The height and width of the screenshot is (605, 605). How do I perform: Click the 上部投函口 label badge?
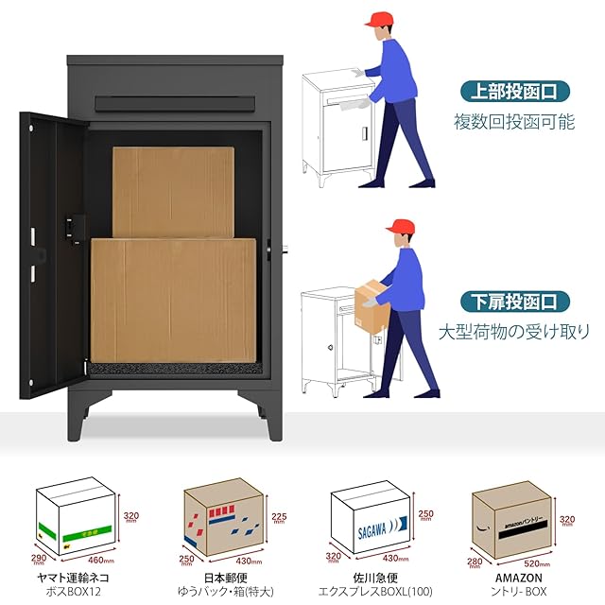pos(516,92)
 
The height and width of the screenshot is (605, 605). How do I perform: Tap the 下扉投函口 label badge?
pos(516,302)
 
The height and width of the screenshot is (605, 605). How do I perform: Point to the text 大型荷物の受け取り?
pos(514,332)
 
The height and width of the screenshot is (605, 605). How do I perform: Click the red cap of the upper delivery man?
pos(381,19)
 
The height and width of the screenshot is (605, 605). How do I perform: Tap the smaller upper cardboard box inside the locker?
pos(172,192)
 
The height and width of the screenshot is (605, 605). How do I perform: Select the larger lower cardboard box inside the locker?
pos(173,299)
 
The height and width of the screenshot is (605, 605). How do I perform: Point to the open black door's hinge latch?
pos(72,227)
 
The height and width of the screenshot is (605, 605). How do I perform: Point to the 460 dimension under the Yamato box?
pos(100,561)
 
